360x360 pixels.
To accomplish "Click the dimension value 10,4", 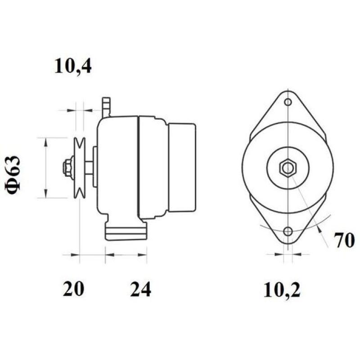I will pyautogui.click(x=73, y=66).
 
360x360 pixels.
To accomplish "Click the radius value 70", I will pyautogui.click(x=344, y=241).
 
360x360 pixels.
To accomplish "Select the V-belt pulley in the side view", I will pyautogui.click(x=80, y=168).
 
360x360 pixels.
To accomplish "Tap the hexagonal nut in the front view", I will pyautogui.click(x=288, y=168).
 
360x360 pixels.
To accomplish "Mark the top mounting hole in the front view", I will pyautogui.click(x=288, y=102).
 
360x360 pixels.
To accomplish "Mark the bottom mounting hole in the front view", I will pyautogui.click(x=288, y=232).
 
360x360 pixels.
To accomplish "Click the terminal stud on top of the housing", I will pyautogui.click(x=106, y=107).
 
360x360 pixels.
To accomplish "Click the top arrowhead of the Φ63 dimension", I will pyautogui.click(x=45, y=141).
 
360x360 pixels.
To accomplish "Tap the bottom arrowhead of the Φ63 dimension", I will pyautogui.click(x=45, y=194).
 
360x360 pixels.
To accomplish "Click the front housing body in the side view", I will pyautogui.click(x=117, y=166).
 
